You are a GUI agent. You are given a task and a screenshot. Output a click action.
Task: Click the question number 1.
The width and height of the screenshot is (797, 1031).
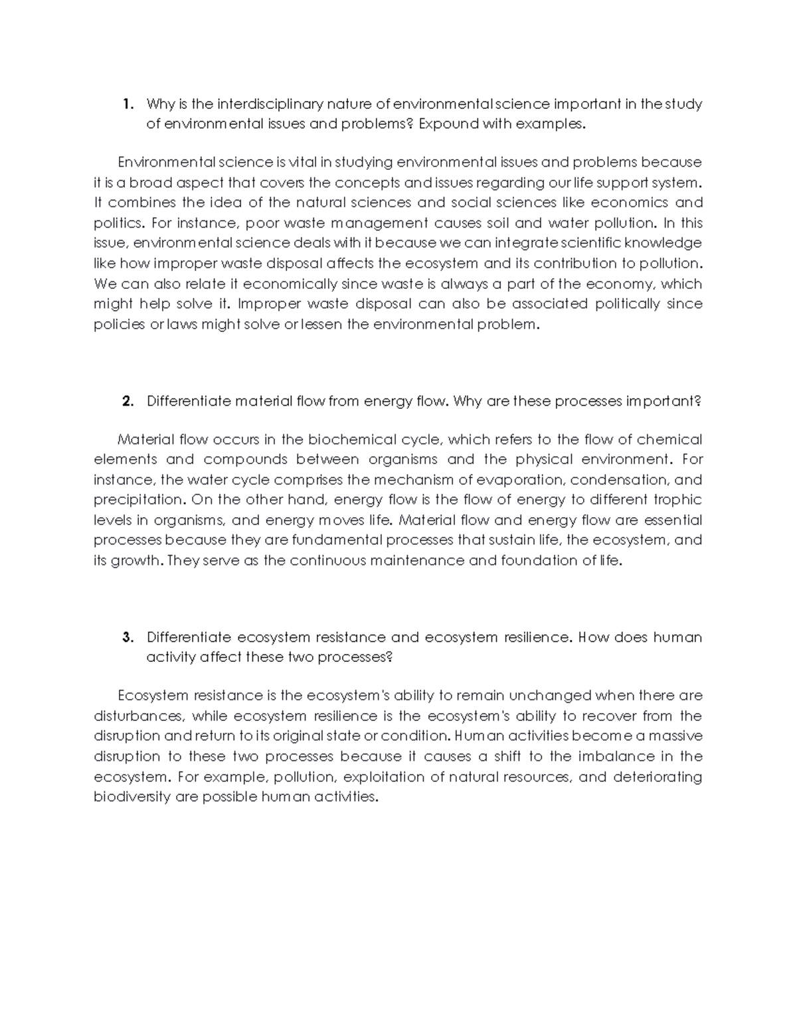[128, 104]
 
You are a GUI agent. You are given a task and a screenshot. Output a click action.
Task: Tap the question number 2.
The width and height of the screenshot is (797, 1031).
[128, 402]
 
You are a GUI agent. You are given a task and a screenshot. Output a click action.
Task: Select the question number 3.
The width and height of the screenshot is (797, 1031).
[128, 638]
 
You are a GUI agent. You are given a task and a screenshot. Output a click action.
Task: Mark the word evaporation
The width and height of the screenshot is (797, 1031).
[515, 480]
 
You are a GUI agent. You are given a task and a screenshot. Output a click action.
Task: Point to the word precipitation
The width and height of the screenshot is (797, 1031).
[138, 500]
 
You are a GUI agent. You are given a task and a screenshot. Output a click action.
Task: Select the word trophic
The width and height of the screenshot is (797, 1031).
[677, 500]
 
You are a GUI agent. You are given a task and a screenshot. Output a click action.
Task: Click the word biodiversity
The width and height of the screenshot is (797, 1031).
[132, 797]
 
